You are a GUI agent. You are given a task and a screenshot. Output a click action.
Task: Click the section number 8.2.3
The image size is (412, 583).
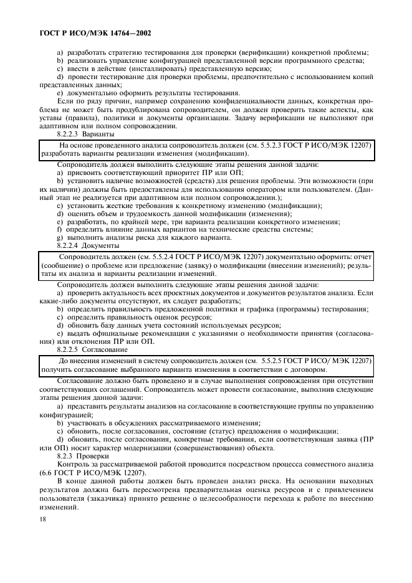coord(67,455)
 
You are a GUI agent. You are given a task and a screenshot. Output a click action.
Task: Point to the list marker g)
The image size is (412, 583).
coord(59,238)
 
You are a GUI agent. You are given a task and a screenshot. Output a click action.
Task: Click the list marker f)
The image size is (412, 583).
coord(59,229)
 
